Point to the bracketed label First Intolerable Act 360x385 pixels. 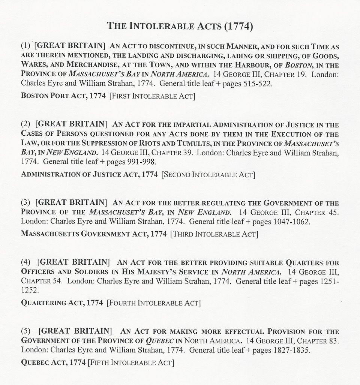[x=152, y=96]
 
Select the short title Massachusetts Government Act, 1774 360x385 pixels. [x=94, y=234]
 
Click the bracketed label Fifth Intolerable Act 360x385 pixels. [x=131, y=363]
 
